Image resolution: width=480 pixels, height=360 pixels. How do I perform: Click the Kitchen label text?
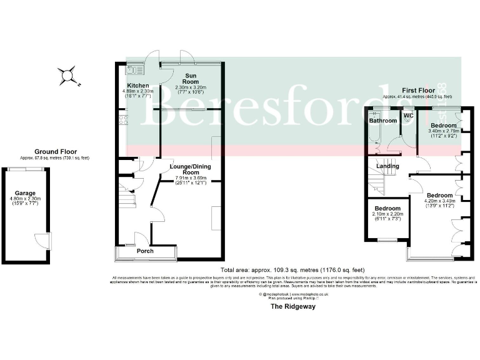pyautogui.click(x=137, y=86)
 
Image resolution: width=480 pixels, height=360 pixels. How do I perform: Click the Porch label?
pyautogui.click(x=146, y=252)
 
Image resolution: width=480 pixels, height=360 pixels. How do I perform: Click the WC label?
pyautogui.click(x=408, y=116)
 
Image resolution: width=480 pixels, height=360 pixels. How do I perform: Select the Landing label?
pyautogui.click(x=387, y=166)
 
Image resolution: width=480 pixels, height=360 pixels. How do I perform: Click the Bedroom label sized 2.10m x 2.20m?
pyautogui.click(x=387, y=208)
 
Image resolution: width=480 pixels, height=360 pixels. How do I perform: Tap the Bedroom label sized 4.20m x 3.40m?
pyautogui.click(x=439, y=195)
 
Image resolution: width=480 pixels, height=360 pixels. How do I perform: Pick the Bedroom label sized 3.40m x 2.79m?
pyautogui.click(x=444, y=126)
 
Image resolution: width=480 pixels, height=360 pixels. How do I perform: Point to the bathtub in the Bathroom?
pyautogui.click(x=372, y=134)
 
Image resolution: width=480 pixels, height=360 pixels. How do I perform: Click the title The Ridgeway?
pyautogui.click(x=292, y=307)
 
